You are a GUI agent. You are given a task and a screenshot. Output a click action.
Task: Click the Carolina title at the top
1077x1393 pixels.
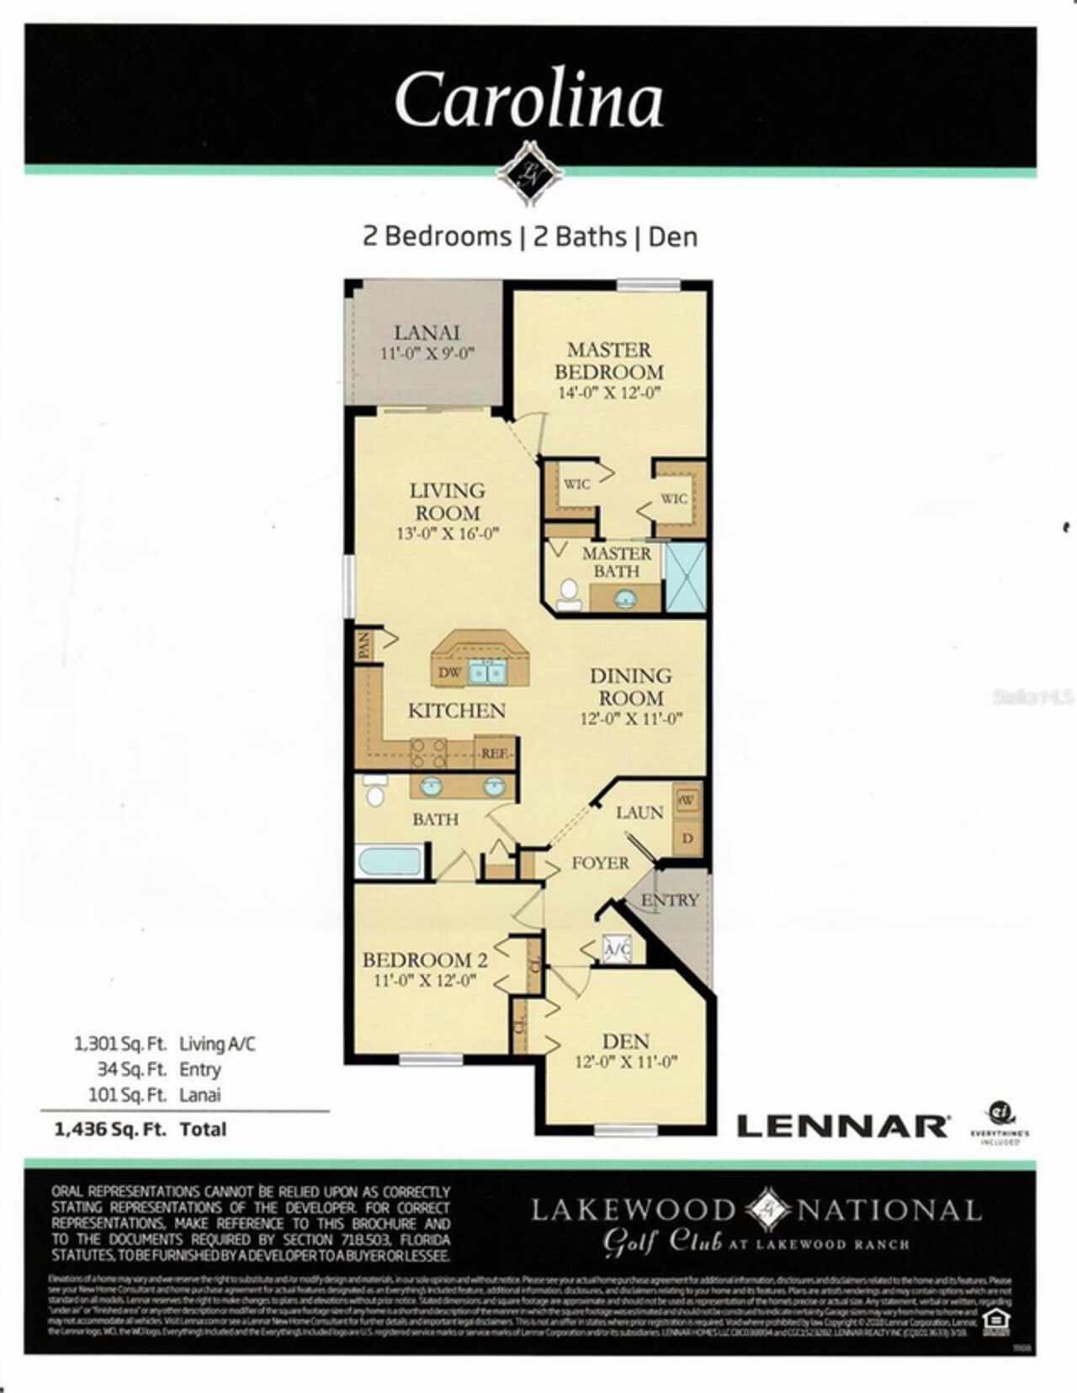pos(529,99)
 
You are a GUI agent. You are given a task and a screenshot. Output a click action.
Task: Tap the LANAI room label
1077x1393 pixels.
pos(427,332)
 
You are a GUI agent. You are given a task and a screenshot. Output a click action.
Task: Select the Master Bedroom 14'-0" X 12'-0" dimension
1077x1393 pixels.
pos(608,393)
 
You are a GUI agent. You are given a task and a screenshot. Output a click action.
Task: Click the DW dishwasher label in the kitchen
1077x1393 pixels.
pos(449,673)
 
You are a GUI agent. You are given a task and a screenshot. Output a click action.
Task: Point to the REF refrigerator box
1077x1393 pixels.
pos(494,754)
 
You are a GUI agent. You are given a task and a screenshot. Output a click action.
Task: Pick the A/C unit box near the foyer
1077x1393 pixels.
pos(618,950)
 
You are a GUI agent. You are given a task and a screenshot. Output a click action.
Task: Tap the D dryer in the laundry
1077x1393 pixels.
pos(687,839)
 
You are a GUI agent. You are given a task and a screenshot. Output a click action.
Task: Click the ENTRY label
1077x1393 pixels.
pos(670,900)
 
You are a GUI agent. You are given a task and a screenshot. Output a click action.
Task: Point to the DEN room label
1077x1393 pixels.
pos(625,1041)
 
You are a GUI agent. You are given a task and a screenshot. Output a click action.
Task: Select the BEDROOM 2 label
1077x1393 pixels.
pos(425,960)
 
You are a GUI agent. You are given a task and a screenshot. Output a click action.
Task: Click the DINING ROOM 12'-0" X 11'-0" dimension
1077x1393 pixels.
pos(630,719)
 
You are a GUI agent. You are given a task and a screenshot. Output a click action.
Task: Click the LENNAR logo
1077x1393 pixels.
pos(842,1126)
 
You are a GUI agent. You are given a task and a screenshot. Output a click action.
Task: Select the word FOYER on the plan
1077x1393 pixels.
pos(600,863)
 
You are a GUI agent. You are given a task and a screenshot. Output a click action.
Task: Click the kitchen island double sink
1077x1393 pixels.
pos(486,672)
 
